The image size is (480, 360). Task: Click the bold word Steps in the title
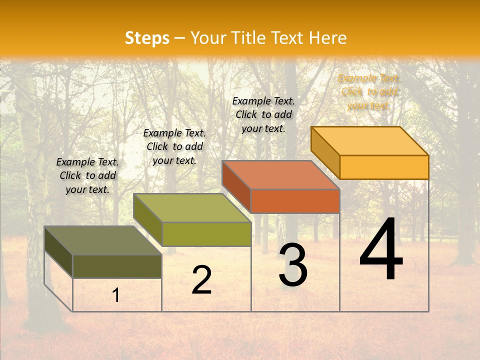(147, 38)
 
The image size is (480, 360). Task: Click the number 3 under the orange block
(293, 265)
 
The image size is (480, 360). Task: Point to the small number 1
(116, 295)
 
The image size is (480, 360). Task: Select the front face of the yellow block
(384, 167)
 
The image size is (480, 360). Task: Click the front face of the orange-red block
(295, 201)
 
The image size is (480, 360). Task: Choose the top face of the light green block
(192, 207)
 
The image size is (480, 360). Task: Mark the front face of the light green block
(206, 234)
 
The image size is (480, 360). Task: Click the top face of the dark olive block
(103, 240)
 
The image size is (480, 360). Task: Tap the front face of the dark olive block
(117, 266)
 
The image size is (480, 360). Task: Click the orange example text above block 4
(369, 92)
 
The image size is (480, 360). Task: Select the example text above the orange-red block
(263, 114)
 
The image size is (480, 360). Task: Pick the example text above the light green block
(174, 146)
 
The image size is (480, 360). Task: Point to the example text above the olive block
(87, 175)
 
